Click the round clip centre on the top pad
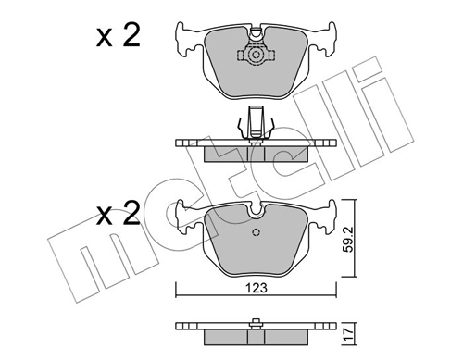pos(253,56)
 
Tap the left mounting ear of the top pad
pos(184,38)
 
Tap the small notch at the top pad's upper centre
pos(253,29)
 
